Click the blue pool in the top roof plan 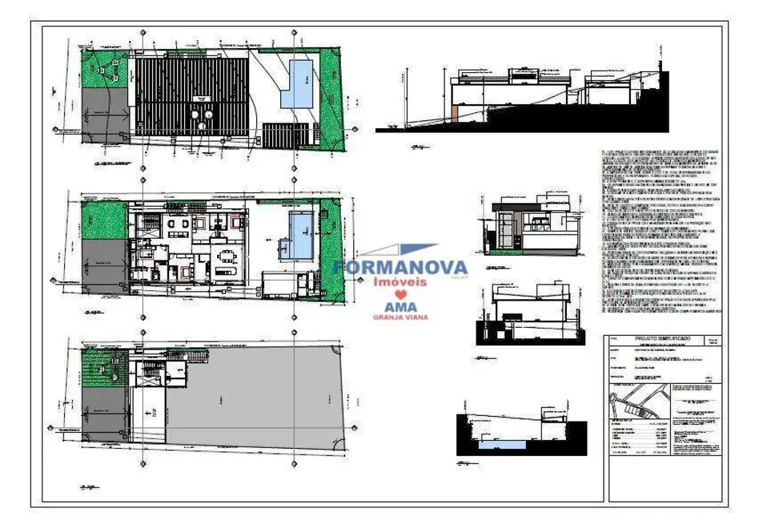300,83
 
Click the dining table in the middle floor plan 227,257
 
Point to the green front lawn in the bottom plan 104,370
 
